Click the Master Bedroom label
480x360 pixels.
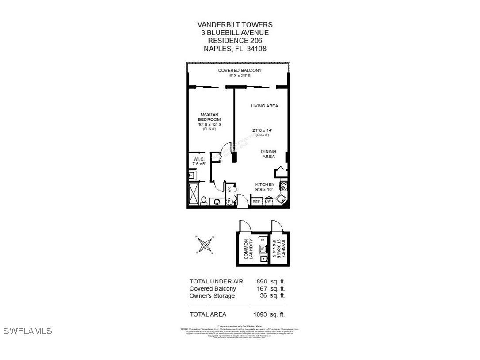pyautogui.click(x=209, y=117)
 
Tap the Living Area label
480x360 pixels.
pyautogui.click(x=264, y=106)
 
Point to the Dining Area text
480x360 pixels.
pyautogui.click(x=268, y=154)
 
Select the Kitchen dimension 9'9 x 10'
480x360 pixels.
pyautogui.click(x=265, y=190)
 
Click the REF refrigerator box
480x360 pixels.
pyautogui.click(x=256, y=202)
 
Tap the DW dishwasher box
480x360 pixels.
pyautogui.click(x=268, y=202)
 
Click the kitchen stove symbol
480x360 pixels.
pyautogui.click(x=283, y=186)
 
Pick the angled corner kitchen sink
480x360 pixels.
pyautogui.click(x=281, y=200)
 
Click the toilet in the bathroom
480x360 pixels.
pyautogui.click(x=203, y=201)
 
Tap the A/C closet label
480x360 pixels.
pyautogui.click(x=229, y=190)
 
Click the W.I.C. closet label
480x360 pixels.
pyautogui.click(x=198, y=159)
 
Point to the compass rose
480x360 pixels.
pyautogui.click(x=205, y=244)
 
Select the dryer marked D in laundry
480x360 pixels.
pyautogui.click(x=263, y=240)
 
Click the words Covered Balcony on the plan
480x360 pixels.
pyautogui.click(x=240, y=70)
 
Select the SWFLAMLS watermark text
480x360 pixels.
pyautogui.click(x=28, y=331)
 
